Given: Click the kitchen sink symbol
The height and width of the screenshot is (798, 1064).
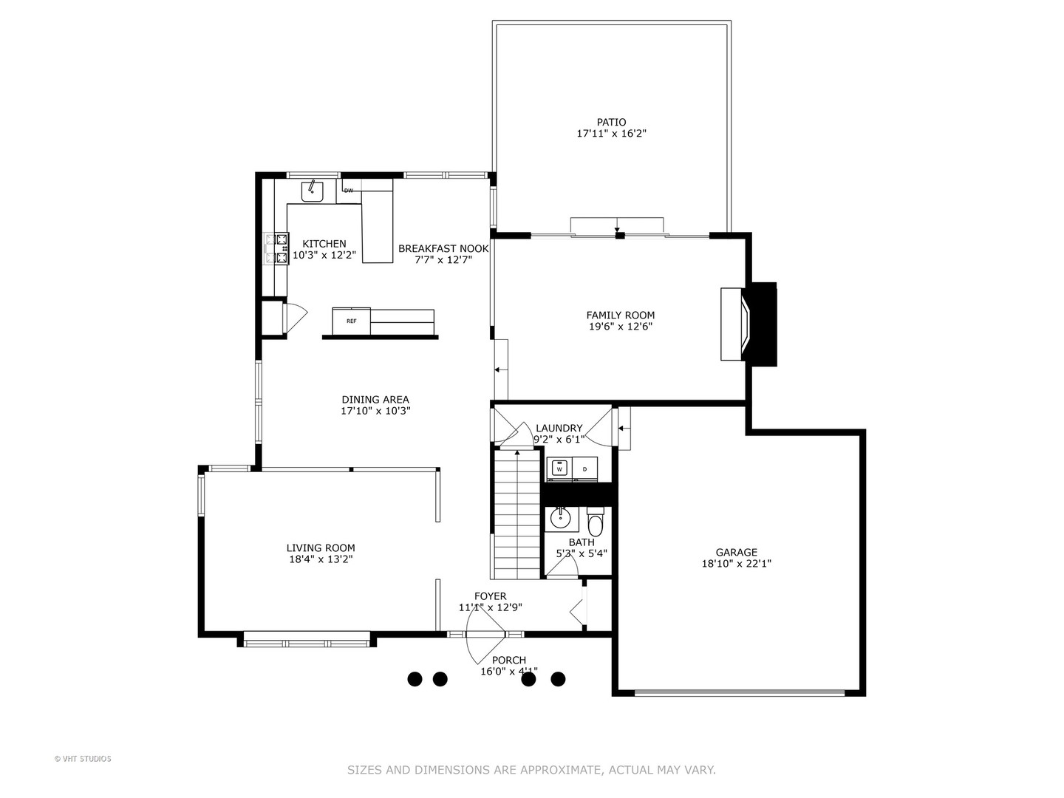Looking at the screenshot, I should coord(313,191).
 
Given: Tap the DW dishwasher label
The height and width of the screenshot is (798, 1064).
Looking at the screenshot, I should coord(349,191).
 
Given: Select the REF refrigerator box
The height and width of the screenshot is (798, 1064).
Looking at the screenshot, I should coord(352,321).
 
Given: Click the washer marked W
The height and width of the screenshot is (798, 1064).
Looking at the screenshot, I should coord(559,468).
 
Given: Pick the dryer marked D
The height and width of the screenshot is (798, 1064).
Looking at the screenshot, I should coord(584,468).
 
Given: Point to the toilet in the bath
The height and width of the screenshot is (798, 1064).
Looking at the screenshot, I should coord(596,522).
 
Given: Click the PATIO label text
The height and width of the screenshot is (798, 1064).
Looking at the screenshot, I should coord(611,122).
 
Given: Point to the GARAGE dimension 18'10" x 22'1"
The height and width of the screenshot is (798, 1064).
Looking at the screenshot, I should coord(736,563).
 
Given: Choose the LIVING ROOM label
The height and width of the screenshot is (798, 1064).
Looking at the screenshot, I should coord(321,548).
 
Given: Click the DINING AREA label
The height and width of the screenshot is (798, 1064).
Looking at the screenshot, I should coord(375,400).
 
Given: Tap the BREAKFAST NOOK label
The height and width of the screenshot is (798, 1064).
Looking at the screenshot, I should coord(443,248).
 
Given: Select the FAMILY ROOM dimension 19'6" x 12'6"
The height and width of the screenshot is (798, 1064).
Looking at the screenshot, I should coord(620,326).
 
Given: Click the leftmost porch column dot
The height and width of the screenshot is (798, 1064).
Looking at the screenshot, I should coord(415,678).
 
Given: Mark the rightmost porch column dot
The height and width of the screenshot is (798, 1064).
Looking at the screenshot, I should coord(558,678).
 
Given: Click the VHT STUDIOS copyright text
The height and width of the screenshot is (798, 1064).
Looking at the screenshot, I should coord(83,758).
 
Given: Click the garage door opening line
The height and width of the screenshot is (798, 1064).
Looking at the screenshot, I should coord(739,692).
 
